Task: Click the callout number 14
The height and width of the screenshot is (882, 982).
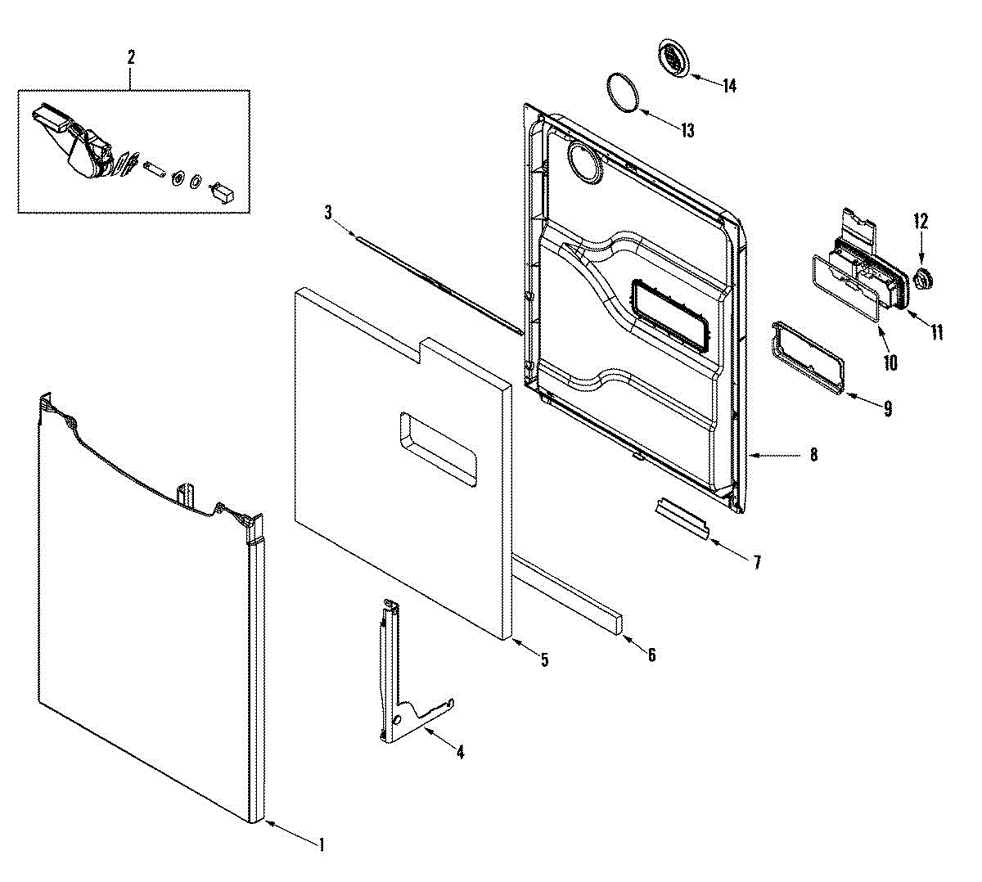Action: point(729,86)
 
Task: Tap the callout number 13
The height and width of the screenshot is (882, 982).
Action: point(687,130)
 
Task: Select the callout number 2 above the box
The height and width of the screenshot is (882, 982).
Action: point(131,57)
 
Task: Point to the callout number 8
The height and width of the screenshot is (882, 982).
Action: point(813,455)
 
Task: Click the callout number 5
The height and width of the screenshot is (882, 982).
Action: point(544,659)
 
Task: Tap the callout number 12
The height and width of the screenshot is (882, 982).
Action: point(921,221)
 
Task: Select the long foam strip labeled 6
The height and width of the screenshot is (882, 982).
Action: point(568,595)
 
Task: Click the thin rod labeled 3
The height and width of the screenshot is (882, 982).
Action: point(439,284)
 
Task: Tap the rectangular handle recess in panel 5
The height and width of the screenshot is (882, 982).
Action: point(438,448)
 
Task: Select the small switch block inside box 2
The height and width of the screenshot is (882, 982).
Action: point(222,193)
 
